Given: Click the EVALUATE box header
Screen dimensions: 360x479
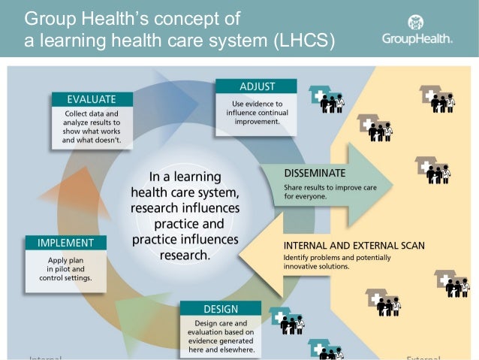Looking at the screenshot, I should [92, 99].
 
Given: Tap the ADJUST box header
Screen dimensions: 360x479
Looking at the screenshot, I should [256, 86].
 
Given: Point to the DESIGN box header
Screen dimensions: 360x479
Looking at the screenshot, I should [220, 308].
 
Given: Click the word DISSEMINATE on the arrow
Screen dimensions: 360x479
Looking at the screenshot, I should [315, 173].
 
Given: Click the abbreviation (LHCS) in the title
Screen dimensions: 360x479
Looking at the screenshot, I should [300, 41].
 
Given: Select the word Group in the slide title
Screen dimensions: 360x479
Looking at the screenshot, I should [52, 17].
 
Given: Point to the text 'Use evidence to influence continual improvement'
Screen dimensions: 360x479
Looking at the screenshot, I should [256, 110].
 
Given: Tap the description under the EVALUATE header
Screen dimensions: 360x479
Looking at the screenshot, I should [92, 126].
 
